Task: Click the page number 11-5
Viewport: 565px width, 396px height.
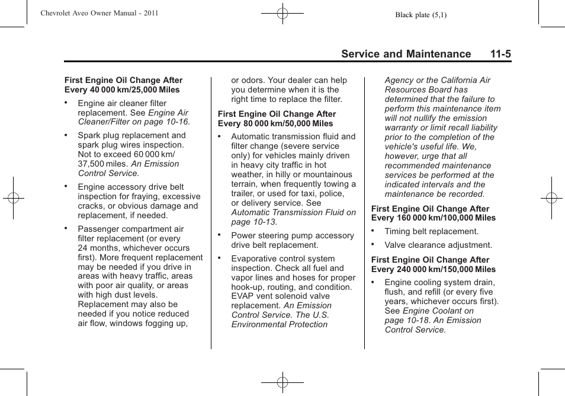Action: point(500,54)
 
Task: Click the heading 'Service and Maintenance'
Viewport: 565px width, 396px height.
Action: point(406,54)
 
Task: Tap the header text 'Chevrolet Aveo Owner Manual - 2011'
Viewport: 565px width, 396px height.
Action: point(99,12)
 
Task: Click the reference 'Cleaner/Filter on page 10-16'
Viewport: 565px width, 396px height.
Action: point(134,122)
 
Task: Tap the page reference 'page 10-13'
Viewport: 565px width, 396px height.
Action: point(253,222)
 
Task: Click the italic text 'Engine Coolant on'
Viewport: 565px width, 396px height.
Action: point(438,311)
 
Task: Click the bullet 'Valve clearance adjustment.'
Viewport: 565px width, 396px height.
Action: point(438,245)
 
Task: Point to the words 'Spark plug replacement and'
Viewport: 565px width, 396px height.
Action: point(131,135)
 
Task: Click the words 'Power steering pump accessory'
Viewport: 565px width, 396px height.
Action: point(293,235)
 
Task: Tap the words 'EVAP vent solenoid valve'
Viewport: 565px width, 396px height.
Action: point(280,296)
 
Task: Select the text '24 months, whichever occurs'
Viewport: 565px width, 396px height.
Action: point(134,248)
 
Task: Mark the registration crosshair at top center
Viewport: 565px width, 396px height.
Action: point(282,12)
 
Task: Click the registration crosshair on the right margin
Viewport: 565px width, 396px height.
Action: point(551,198)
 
